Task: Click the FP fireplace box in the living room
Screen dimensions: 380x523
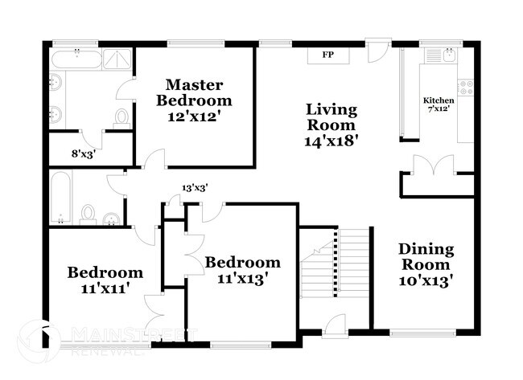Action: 327,55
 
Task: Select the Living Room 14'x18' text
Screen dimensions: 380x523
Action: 331,124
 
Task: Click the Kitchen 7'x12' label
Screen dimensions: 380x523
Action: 439,104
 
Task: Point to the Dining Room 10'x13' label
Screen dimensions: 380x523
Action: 426,264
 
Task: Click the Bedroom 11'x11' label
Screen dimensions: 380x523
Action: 105,279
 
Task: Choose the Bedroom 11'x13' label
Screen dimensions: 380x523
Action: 242,270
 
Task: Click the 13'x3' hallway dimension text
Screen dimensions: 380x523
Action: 195,187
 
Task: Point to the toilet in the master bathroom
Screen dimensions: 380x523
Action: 121,117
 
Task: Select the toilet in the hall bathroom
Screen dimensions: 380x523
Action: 89,215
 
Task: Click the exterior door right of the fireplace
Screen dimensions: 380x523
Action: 377,50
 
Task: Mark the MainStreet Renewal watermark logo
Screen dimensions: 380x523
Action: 105,340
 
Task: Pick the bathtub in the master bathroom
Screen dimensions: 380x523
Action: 77,59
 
